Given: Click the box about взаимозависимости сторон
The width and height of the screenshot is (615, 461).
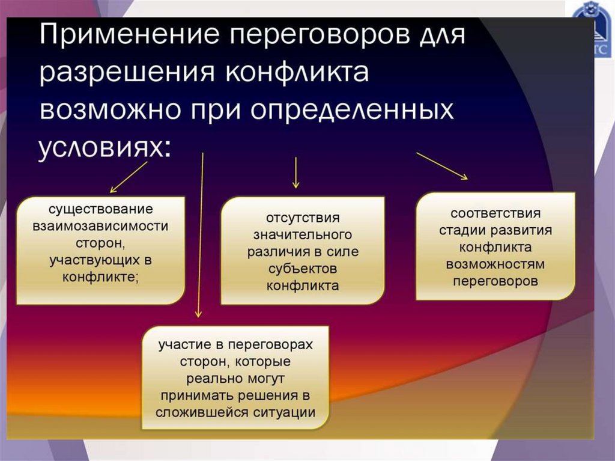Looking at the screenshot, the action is pyautogui.click(x=101, y=249).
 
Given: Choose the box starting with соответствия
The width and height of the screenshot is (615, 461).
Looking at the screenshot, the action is pyautogui.click(x=495, y=246).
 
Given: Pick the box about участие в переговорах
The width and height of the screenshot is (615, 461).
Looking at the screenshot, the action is pyautogui.click(x=235, y=379).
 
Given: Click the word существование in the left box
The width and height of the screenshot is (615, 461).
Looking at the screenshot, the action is pyautogui.click(x=101, y=211).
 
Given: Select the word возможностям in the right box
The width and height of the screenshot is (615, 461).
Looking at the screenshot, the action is pyautogui.click(x=495, y=264).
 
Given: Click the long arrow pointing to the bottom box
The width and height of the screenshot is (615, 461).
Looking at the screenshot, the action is pyautogui.click(x=201, y=234).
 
